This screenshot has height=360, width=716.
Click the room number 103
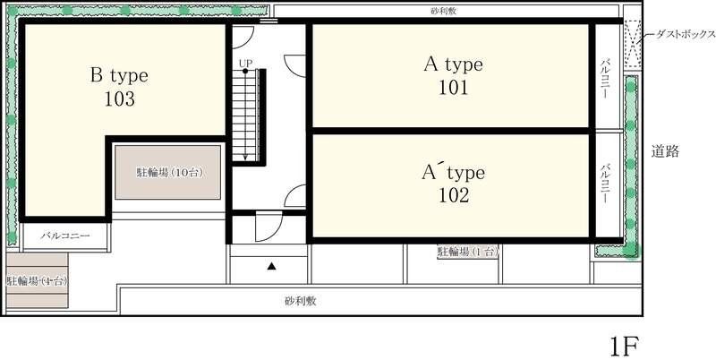119,99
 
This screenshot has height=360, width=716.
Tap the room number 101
453,88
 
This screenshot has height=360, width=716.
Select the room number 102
453,194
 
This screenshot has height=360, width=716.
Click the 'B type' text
119,75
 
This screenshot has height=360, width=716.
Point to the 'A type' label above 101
453,64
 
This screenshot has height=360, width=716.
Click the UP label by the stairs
245,63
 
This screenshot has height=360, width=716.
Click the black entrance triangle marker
272,266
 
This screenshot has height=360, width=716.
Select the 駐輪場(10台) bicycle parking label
167,171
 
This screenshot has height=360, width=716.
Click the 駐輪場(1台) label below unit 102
467,253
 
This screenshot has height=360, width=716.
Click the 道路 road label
665,151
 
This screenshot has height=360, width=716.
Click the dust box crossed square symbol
633,43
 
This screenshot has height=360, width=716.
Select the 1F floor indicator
623,344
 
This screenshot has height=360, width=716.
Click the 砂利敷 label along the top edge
445,12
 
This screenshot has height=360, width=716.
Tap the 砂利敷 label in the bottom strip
301,301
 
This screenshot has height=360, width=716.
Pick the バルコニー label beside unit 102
606,184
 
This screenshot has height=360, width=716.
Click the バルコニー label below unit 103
66,236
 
